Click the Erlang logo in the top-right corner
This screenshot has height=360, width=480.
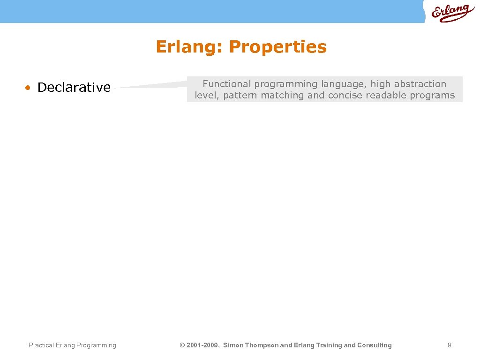point(452,13)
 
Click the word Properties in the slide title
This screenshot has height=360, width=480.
point(278,47)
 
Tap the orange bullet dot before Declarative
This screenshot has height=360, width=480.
point(29,88)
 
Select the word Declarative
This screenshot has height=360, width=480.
point(74,88)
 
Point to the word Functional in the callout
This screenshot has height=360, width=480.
point(227,84)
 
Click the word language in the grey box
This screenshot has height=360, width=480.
point(343,84)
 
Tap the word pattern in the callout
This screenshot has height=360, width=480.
point(240,96)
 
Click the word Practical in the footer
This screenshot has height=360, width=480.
point(41,345)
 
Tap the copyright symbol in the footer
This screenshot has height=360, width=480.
point(182,345)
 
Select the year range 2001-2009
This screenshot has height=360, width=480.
point(202,345)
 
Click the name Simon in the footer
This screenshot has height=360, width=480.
point(233,345)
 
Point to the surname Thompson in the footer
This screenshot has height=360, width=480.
point(262,345)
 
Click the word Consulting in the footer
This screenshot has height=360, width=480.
point(375,345)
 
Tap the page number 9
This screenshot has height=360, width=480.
point(449,345)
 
